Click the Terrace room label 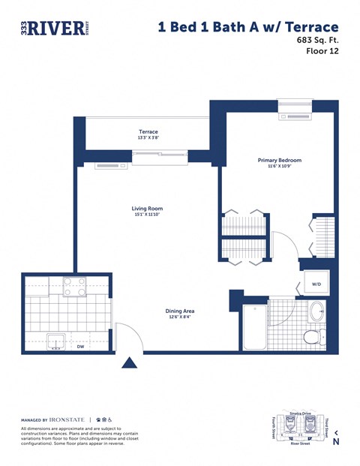tap(148, 131)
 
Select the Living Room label tap(147, 209)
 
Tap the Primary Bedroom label tap(279, 160)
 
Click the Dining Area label tap(180, 310)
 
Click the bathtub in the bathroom tap(255, 327)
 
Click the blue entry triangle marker tap(130, 363)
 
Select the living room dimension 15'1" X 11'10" tap(147, 215)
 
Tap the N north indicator tap(335, 441)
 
